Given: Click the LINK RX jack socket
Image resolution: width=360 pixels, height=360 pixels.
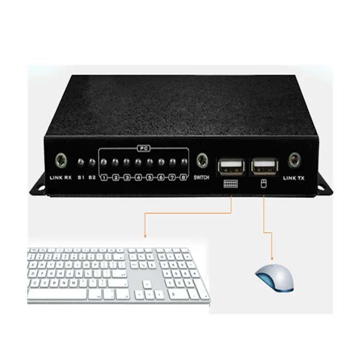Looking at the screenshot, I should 61,161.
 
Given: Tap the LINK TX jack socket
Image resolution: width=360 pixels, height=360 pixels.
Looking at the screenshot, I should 295,160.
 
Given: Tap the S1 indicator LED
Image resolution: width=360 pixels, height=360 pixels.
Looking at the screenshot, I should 81,164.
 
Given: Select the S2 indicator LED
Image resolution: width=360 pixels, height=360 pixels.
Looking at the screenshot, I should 92,164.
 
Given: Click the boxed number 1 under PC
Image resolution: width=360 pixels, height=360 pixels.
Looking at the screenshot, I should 104,178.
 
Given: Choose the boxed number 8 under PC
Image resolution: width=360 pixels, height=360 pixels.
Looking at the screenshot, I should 184,178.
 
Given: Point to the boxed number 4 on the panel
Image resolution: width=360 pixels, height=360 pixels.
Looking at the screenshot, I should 138,178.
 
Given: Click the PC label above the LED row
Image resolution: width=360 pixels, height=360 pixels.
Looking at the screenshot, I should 143,149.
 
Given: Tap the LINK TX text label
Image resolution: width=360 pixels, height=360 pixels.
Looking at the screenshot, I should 295,179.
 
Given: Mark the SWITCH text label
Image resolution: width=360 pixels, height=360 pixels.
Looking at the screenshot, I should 201,178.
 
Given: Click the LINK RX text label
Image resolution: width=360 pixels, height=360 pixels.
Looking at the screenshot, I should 61,178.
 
